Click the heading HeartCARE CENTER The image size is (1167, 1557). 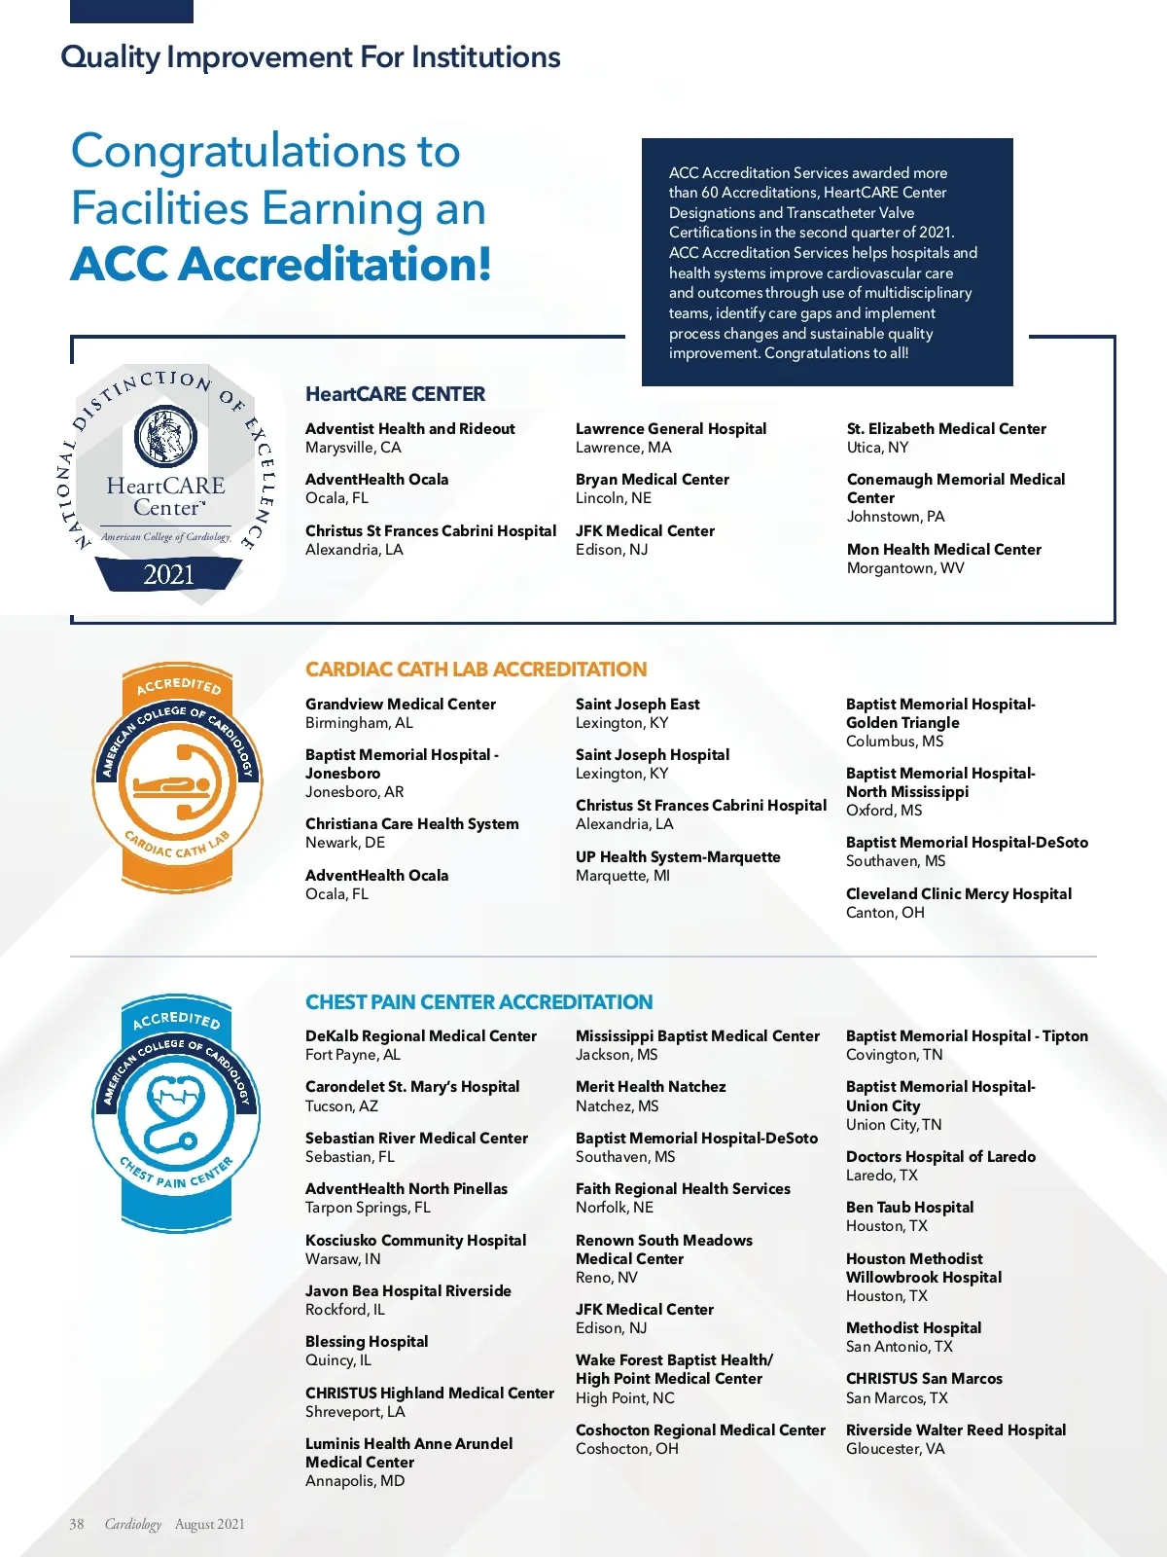click(x=395, y=394)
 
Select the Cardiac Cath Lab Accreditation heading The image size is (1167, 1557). click(x=476, y=670)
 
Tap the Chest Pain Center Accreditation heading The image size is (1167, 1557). click(x=478, y=1002)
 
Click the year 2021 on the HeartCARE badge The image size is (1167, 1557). click(x=168, y=575)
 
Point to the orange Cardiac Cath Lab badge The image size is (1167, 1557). click(x=177, y=778)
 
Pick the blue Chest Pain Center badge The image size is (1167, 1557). click(x=177, y=1113)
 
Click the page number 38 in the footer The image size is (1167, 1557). click(x=77, y=1525)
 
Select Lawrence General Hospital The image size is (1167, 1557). click(x=670, y=429)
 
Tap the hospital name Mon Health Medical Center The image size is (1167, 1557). click(x=943, y=550)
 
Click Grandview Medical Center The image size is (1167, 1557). click(x=400, y=705)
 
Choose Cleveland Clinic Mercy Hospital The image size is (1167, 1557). click(x=958, y=894)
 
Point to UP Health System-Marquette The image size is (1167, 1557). click(x=678, y=857)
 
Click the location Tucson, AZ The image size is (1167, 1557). click(x=341, y=1106)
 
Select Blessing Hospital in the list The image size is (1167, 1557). click(x=367, y=1342)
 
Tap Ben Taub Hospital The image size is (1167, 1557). click(x=909, y=1208)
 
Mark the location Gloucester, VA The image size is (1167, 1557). click(x=895, y=1449)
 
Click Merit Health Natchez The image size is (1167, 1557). click(x=651, y=1087)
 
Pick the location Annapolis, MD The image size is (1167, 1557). click(x=355, y=1481)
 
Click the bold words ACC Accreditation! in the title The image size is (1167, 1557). click(x=281, y=264)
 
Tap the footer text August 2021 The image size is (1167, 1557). click(x=209, y=1525)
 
